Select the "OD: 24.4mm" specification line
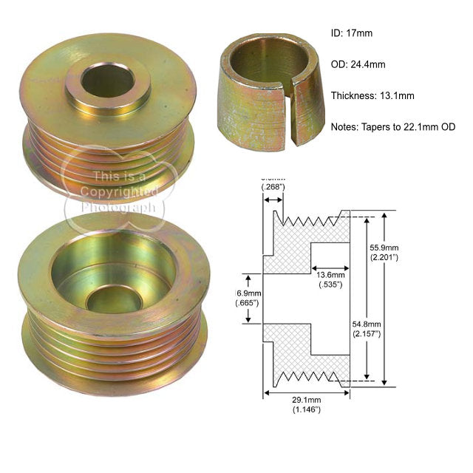pos(358,64)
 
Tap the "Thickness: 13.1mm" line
pos(372,95)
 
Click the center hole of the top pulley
pos(107,81)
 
